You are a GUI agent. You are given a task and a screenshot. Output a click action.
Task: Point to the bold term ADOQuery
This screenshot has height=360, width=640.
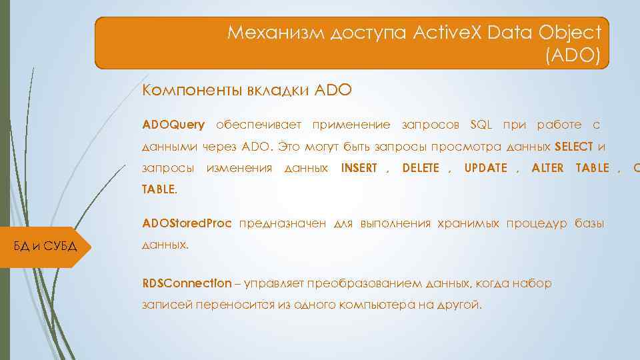pyautogui.click(x=173, y=125)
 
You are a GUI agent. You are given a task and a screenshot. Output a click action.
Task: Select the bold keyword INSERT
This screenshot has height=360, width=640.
pyautogui.click(x=359, y=167)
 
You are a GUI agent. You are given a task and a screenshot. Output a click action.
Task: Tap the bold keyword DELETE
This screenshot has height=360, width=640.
pyautogui.click(x=421, y=167)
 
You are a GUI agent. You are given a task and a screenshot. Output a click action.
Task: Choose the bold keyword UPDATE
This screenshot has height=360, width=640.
pyautogui.click(x=485, y=167)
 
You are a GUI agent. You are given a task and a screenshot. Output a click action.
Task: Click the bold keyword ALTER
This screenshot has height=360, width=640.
pyautogui.click(x=547, y=167)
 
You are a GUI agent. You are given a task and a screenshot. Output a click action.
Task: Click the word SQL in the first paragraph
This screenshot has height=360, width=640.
pyautogui.click(x=480, y=125)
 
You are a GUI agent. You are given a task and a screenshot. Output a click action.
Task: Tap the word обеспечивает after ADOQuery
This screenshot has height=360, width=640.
pyautogui.click(x=259, y=125)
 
